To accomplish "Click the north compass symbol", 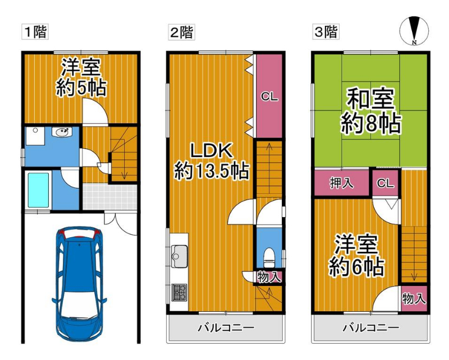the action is click(x=414, y=31).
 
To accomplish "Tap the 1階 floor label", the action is click(x=35, y=31).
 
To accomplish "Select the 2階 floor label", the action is click(x=181, y=31).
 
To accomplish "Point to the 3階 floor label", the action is click(x=326, y=31).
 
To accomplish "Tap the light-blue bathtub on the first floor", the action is click(x=38, y=190).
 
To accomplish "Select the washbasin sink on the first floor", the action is click(x=62, y=132).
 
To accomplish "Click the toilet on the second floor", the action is click(x=268, y=257).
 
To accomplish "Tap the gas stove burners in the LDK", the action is click(x=179, y=293).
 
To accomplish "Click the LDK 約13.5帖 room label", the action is click(x=212, y=161).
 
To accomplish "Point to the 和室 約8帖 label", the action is click(x=370, y=111).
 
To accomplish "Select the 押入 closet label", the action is click(x=342, y=183).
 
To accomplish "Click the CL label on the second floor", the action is click(x=269, y=96).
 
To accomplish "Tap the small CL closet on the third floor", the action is click(x=385, y=183).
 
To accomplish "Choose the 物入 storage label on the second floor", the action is click(x=269, y=276).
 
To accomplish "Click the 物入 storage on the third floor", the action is click(x=414, y=299).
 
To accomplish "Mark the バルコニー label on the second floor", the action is click(x=226, y=327).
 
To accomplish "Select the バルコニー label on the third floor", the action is click(x=371, y=327).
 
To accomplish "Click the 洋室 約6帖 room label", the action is click(x=356, y=255).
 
